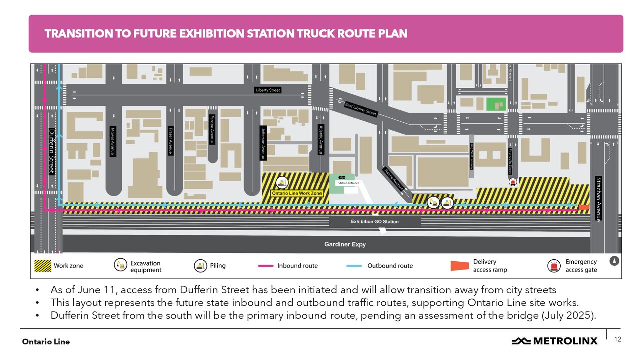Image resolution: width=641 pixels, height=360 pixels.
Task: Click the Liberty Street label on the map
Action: click(x=268, y=90)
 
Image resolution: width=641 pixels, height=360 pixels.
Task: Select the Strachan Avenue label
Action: click(x=598, y=199)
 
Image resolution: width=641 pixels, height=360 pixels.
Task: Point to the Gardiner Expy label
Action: click(x=345, y=244)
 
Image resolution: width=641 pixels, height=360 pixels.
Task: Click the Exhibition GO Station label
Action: click(x=375, y=221)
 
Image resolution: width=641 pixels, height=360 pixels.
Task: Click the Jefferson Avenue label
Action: click(x=262, y=143)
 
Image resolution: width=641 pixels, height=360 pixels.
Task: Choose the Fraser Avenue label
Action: click(x=171, y=141)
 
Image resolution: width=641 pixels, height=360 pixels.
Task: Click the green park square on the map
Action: click(x=496, y=104)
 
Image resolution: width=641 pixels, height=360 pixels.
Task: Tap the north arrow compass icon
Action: click(x=614, y=261)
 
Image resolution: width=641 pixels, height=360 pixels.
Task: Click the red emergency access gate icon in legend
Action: click(x=554, y=266)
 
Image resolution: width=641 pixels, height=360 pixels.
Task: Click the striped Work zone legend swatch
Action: click(x=42, y=266)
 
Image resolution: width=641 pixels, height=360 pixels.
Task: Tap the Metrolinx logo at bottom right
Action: click(x=554, y=341)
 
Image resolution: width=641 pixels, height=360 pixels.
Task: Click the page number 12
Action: click(x=617, y=339)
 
